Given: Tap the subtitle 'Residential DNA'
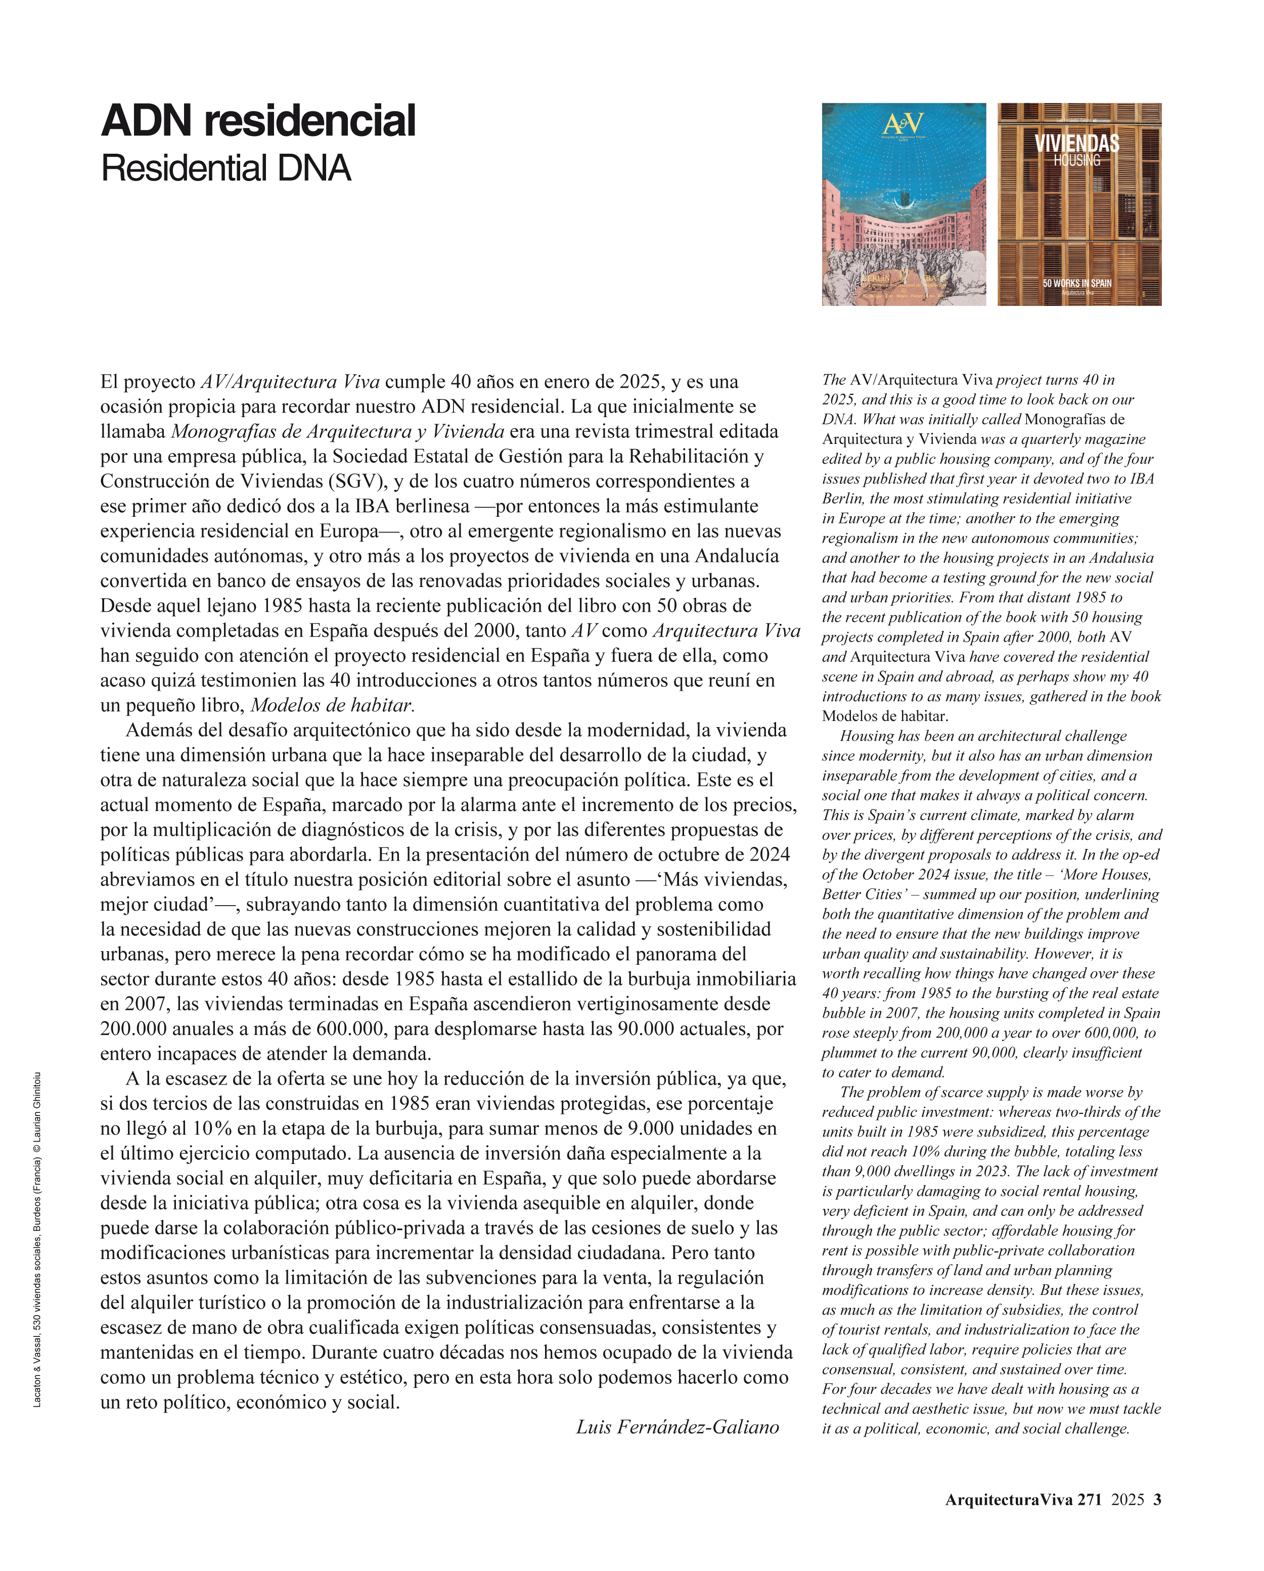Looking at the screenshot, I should [226, 168].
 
